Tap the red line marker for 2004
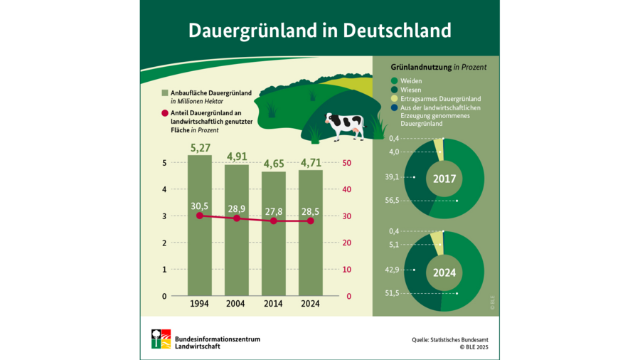click(237, 218)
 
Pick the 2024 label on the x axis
click(310, 304)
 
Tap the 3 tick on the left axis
click(164, 216)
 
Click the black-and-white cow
click(345, 125)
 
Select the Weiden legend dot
click(395, 81)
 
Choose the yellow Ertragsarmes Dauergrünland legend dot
click(395, 99)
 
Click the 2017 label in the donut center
click(444, 179)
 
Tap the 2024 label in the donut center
click(444, 271)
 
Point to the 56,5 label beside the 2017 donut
click(392, 201)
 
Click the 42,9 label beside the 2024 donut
click(392, 270)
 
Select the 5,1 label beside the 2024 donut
click(394, 244)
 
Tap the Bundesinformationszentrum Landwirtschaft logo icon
click(161, 339)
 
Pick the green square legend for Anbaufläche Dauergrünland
click(165, 93)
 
